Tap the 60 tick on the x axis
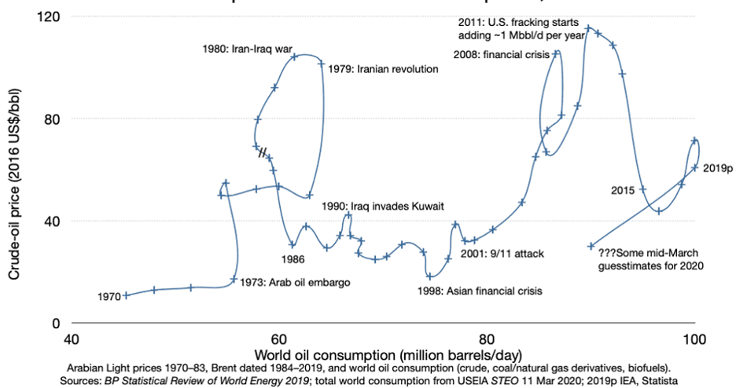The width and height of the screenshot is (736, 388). [278, 339]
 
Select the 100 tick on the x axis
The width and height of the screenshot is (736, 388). [694, 339]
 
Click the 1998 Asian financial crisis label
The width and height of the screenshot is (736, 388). [480, 291]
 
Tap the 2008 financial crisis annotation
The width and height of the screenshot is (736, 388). [500, 54]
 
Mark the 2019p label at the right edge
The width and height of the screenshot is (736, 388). [717, 168]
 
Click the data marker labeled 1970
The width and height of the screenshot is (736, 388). [126, 295]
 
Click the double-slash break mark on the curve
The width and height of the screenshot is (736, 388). [264, 152]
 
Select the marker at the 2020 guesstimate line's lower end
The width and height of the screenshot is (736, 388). [591, 246]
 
